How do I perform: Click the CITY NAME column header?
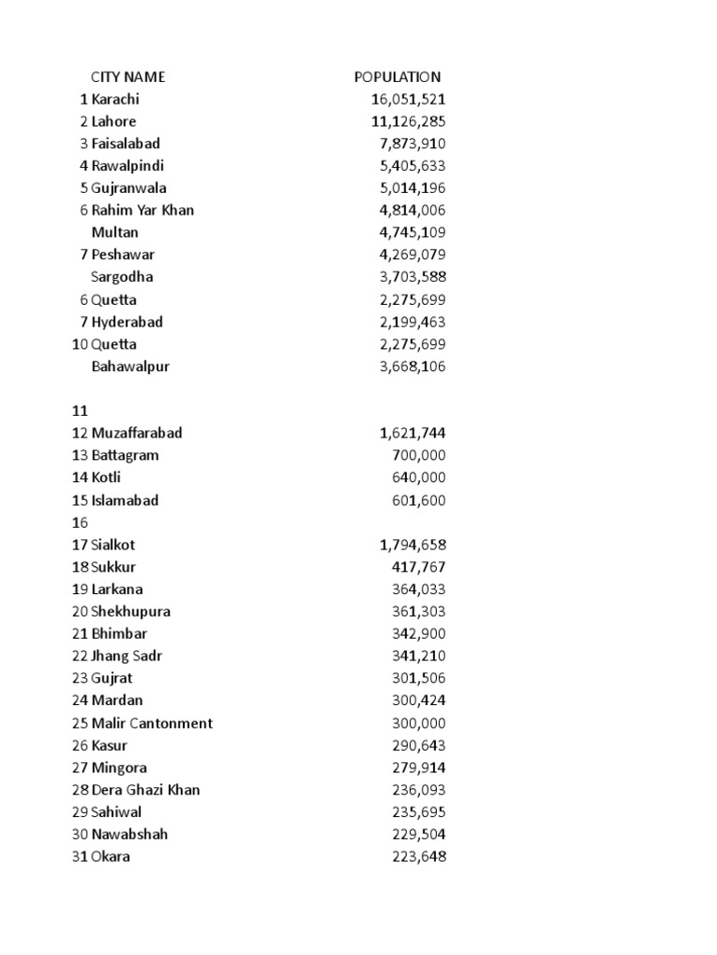[127, 77]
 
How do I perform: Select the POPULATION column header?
[397, 77]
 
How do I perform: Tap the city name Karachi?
[115, 99]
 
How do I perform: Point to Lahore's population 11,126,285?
[408, 121]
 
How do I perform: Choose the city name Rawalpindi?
[128, 166]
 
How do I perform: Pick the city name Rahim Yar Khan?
[143, 210]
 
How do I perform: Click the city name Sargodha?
[122, 277]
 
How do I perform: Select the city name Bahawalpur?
[131, 367]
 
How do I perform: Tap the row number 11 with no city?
[78, 410]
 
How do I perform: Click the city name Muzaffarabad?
[136, 433]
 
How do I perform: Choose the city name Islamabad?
[125, 500]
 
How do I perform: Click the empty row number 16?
[78, 522]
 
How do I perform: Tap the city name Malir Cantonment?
[152, 723]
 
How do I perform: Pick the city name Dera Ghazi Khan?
[146, 790]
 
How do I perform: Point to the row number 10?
[79, 344]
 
